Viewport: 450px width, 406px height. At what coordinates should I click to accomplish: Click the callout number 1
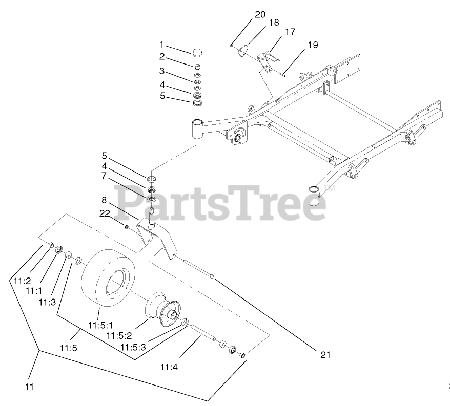tap(161, 45)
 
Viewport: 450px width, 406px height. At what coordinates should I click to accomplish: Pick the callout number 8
tap(105, 200)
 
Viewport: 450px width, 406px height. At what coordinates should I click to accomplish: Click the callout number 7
tap(104, 176)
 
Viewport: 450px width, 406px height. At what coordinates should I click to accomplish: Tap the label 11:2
tap(23, 281)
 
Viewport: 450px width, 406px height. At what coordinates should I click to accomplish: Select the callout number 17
tap(290, 32)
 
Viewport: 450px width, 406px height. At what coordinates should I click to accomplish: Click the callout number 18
tap(274, 23)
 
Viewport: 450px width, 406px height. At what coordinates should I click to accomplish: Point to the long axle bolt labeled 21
tap(197, 269)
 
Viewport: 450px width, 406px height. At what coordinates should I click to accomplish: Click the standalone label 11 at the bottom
tap(29, 387)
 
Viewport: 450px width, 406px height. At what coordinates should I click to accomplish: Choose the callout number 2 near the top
tap(161, 57)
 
